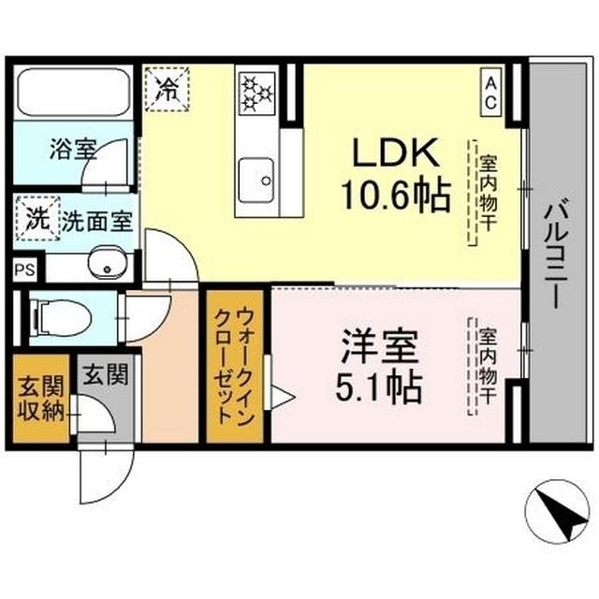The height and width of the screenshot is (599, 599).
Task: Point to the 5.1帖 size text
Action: click(375, 384)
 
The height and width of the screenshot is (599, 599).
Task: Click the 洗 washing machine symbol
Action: click(36, 221)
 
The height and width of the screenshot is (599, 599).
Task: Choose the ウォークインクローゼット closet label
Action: click(231, 369)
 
